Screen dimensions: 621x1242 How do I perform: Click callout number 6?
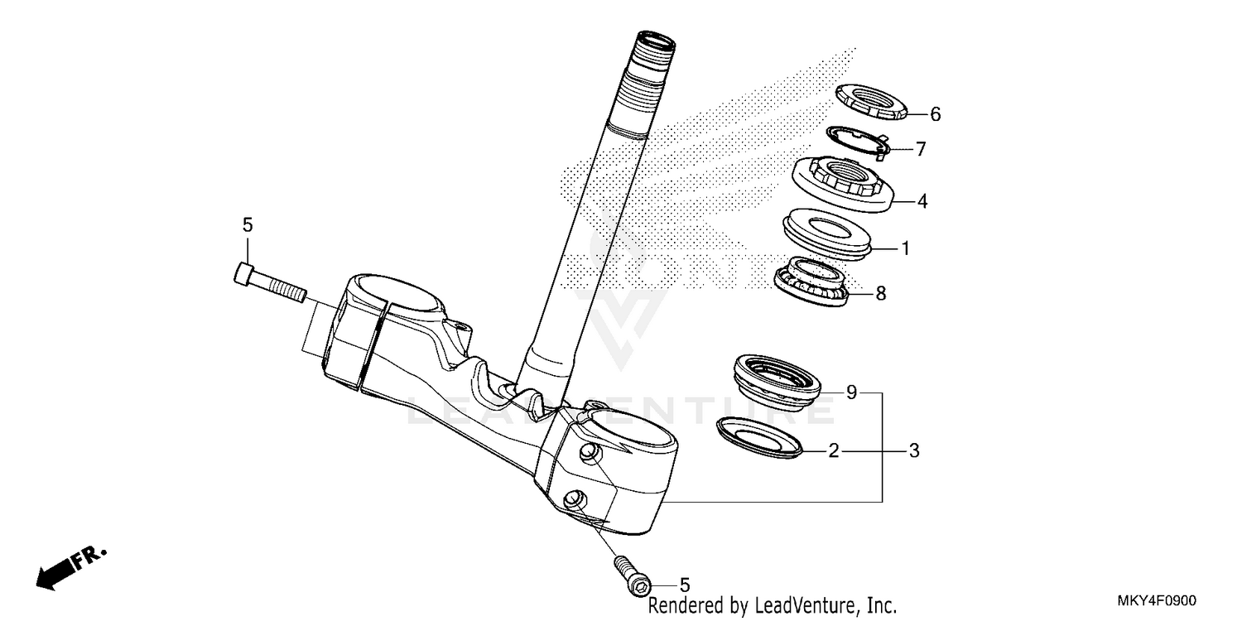click(935, 115)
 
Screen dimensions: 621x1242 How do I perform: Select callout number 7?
click(920, 150)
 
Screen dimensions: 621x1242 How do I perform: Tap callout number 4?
click(921, 200)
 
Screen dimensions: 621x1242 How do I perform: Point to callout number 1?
click(905, 248)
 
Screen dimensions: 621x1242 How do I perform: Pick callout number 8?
click(880, 292)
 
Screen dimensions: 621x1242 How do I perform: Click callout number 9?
click(850, 392)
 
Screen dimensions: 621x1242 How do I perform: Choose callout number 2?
click(834, 451)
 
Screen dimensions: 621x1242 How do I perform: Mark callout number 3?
click(913, 451)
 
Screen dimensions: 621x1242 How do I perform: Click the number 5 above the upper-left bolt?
click(247, 224)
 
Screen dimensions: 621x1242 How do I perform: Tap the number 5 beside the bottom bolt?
click(685, 585)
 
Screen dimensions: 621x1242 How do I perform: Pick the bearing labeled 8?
click(813, 282)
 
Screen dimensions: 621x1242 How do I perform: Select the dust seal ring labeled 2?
click(760, 437)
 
